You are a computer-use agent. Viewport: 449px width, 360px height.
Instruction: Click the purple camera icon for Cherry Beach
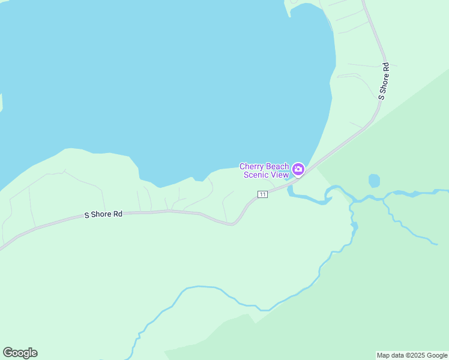click(298, 170)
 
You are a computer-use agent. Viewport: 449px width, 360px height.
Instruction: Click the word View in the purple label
click(279, 175)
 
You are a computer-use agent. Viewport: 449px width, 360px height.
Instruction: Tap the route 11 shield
click(262, 194)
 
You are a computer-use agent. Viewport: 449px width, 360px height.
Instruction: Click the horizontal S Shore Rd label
click(103, 214)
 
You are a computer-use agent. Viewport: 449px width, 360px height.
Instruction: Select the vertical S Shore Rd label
click(384, 80)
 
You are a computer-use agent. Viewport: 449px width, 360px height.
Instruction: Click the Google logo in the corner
click(20, 353)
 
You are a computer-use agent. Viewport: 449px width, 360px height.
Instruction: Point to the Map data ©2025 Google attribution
click(412, 355)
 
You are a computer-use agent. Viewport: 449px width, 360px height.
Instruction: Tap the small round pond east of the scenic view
click(374, 181)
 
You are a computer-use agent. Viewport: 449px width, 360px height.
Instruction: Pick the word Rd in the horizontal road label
click(118, 214)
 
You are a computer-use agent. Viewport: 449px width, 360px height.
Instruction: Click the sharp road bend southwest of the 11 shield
click(233, 224)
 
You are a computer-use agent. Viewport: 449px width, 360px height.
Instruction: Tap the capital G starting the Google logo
click(8, 353)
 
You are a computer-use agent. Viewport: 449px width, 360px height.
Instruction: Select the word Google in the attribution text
click(436, 355)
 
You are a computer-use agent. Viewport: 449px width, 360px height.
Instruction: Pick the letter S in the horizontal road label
click(86, 214)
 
